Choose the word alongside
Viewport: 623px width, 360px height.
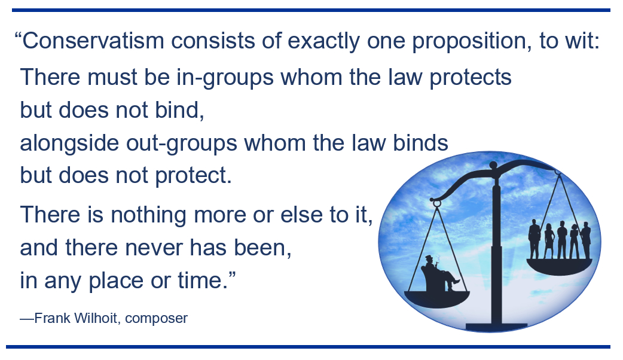(69, 143)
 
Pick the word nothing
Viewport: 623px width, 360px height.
(148, 215)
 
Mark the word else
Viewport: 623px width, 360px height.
(301, 215)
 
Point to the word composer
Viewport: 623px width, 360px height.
(155, 319)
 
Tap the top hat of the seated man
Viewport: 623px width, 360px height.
(429, 258)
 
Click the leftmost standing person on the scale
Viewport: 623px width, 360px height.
(534, 239)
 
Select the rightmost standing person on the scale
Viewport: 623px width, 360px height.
(586, 241)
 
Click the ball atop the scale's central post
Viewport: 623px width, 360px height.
(493, 165)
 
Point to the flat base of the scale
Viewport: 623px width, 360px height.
(496, 327)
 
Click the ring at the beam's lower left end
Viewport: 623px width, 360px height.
(436, 204)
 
